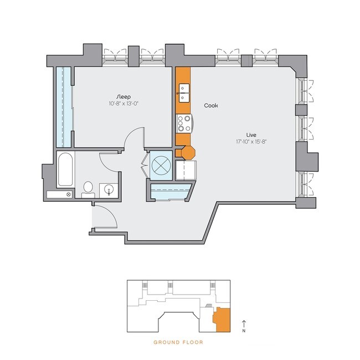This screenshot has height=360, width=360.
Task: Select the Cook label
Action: pyautogui.click(x=210, y=105)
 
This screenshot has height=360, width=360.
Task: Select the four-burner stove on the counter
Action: pyautogui.click(x=183, y=122)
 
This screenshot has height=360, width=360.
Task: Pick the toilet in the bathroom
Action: pyautogui.click(x=88, y=188)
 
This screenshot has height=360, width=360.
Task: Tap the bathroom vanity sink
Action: pyautogui.click(x=110, y=190)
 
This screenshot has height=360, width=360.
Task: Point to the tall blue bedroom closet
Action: pyautogui.click(x=64, y=105)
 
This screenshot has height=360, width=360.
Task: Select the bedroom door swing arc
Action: pyautogui.click(x=134, y=137)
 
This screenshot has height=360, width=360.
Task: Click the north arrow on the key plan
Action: pyautogui.click(x=244, y=325)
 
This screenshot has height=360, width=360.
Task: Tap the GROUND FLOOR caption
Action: pyautogui.click(x=178, y=342)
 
